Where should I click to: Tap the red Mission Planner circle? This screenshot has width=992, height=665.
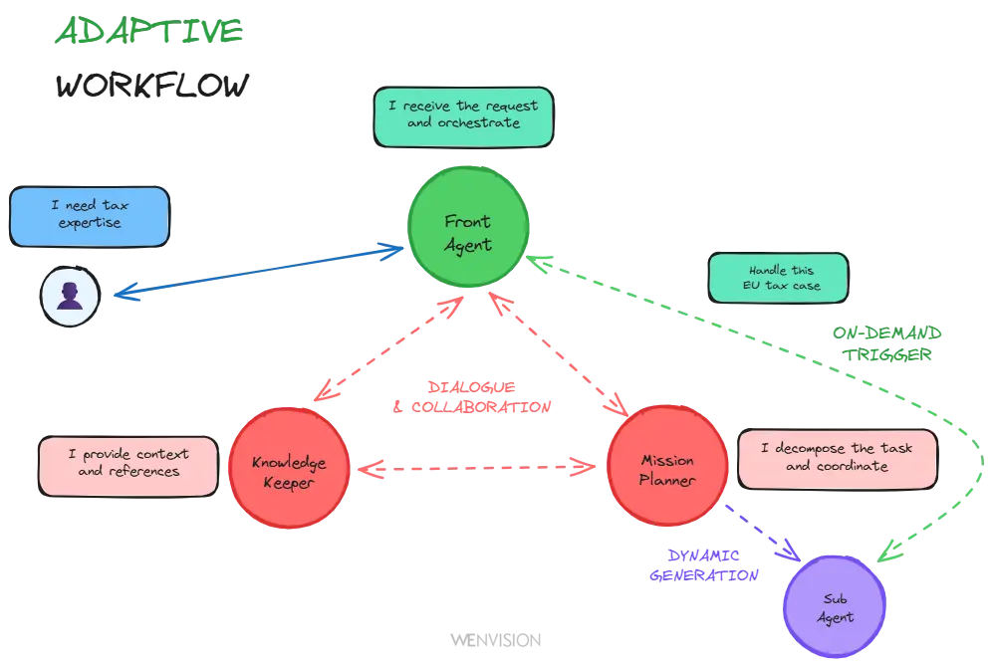pyautogui.click(x=666, y=466)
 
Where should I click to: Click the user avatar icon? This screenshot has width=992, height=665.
pyautogui.click(x=70, y=297)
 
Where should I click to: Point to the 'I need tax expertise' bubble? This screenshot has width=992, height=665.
pyautogui.click(x=90, y=215)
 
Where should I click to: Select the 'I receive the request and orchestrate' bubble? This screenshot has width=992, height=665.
pyautogui.click(x=463, y=115)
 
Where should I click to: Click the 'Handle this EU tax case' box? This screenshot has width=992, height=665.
pyautogui.click(x=777, y=278)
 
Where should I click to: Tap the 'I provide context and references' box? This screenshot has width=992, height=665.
pyautogui.click(x=128, y=464)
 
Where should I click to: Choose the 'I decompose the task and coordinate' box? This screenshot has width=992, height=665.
pyautogui.click(x=837, y=458)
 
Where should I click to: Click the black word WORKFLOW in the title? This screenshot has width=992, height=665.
pyautogui.click(x=153, y=86)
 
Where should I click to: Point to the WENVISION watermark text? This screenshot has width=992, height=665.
pyautogui.click(x=494, y=639)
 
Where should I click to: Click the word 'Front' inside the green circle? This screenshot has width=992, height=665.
pyautogui.click(x=467, y=221)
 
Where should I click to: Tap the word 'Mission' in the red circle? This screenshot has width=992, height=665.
pyautogui.click(x=667, y=461)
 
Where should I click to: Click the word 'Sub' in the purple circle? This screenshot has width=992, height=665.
pyautogui.click(x=835, y=599)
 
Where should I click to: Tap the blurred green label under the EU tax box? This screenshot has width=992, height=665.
pyautogui.click(x=884, y=343)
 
